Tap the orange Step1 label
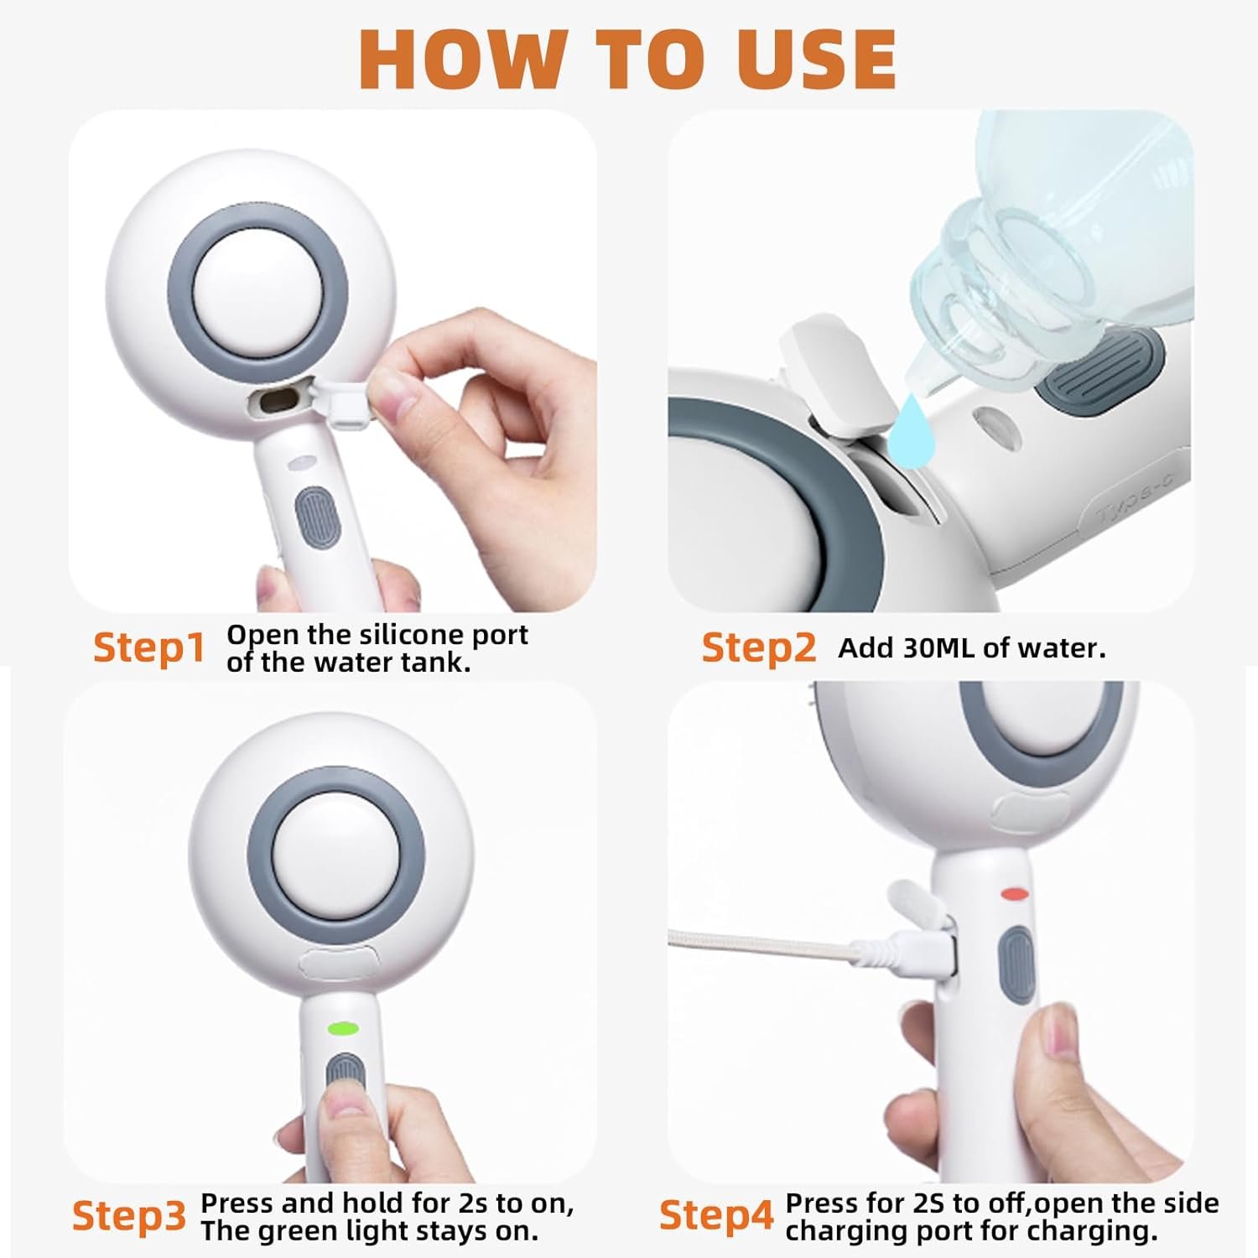148,648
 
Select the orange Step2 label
758,648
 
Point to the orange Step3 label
128,1215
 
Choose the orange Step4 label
715,1215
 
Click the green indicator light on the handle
343,1027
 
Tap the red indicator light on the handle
1015,894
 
